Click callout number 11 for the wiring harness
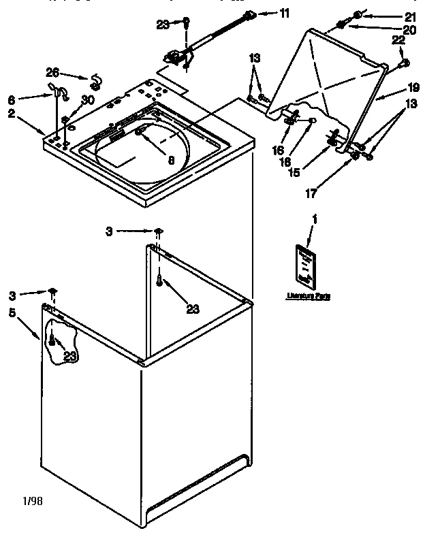pos(284,13)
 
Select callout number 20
pos(409,29)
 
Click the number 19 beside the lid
pos(413,87)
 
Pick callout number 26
pos(52,73)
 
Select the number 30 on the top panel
pos(87,100)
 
